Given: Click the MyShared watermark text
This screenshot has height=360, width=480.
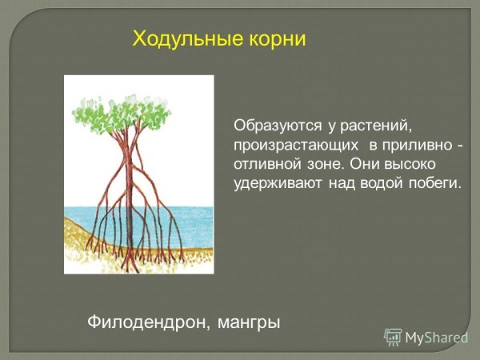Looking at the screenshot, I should [436, 338].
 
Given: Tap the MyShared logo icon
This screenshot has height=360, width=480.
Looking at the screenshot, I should [393, 337].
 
